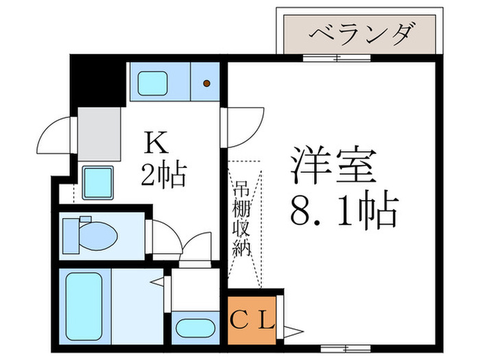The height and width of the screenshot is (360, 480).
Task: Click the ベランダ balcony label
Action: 357,32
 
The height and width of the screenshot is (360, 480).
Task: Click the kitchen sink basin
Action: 158,84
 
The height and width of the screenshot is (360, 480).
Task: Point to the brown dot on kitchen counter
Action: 206,84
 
